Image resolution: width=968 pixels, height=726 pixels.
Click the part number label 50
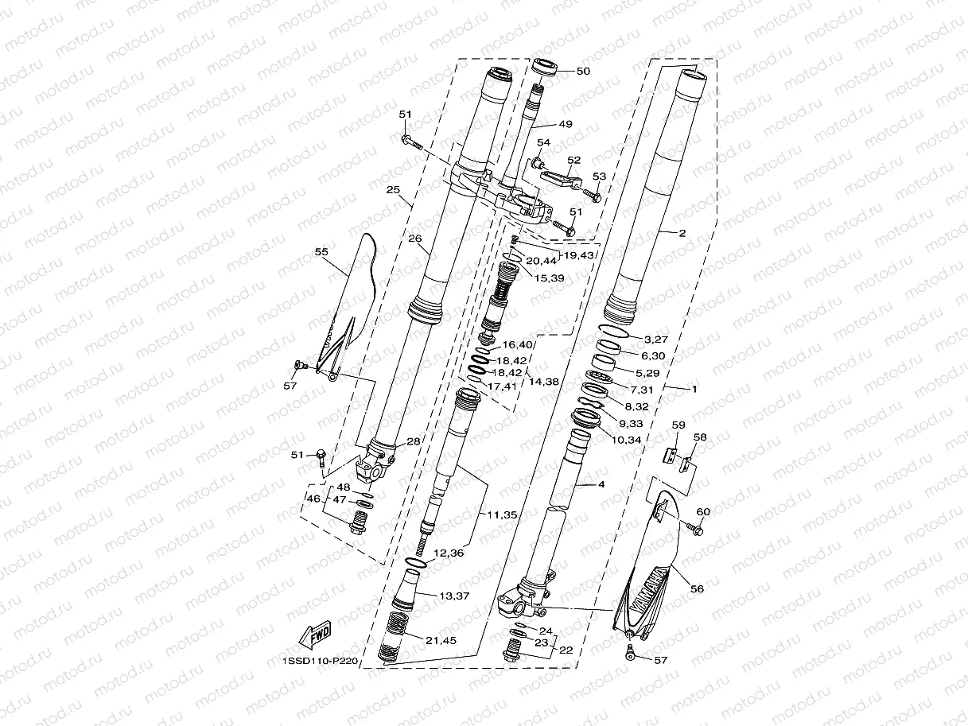pyautogui.click(x=583, y=72)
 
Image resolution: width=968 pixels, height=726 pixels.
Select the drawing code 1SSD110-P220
pyautogui.click(x=321, y=660)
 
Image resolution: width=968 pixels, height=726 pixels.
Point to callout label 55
pyautogui.click(x=321, y=252)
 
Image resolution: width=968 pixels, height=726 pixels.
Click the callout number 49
pyautogui.click(x=565, y=124)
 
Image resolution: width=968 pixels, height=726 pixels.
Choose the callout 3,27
pyautogui.click(x=658, y=340)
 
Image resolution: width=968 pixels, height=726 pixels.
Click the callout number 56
pyautogui.click(x=697, y=589)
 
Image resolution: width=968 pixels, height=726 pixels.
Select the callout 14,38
pyautogui.click(x=544, y=382)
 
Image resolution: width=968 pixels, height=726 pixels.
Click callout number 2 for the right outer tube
pyautogui.click(x=682, y=234)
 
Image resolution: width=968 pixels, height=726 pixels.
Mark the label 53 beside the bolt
pyautogui.click(x=599, y=177)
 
